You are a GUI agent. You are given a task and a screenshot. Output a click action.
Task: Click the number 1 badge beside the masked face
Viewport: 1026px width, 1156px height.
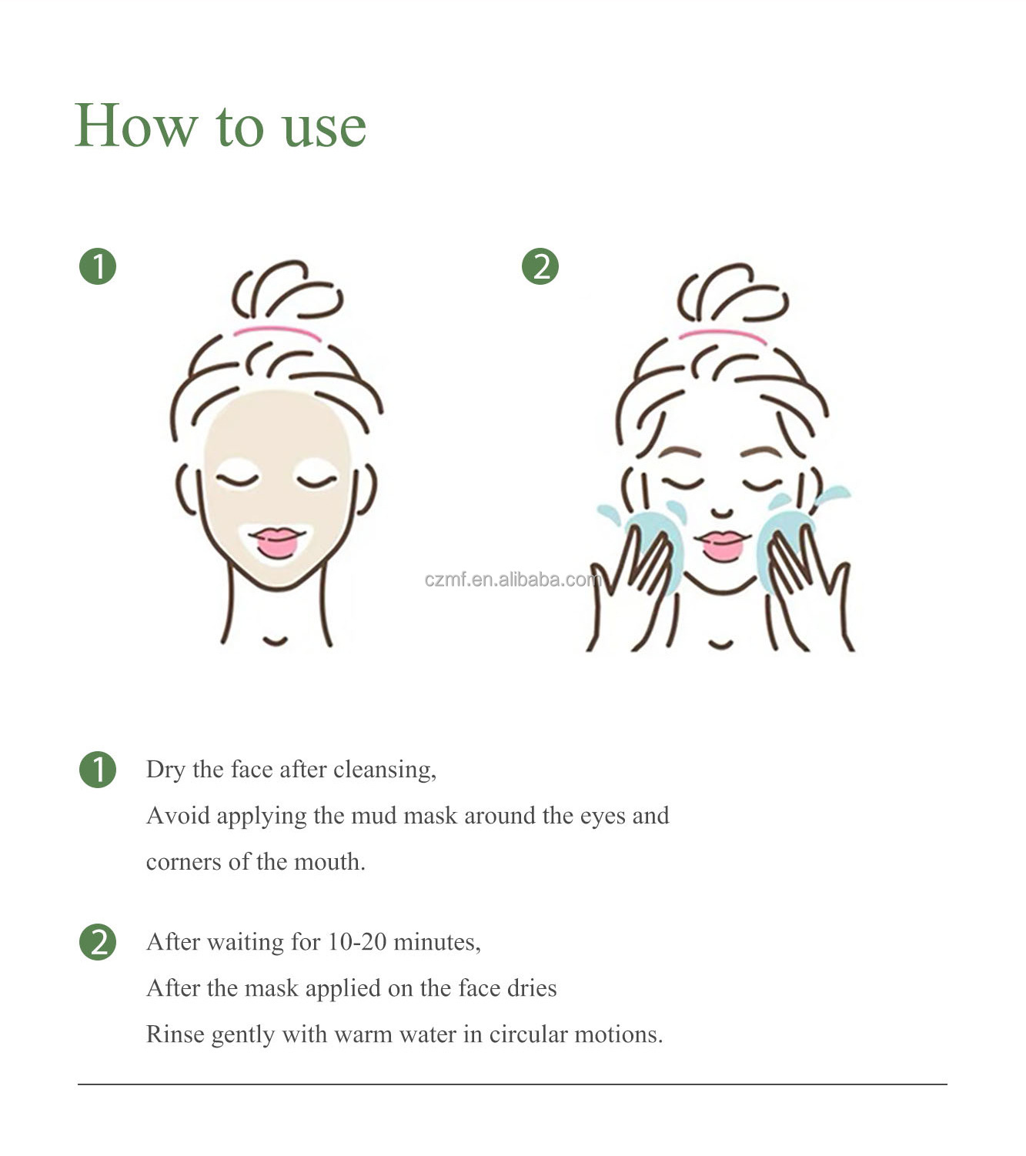98,266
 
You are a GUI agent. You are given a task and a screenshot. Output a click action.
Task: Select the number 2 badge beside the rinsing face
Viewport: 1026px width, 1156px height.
540,266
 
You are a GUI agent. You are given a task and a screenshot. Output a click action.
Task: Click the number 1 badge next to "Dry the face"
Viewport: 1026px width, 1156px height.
98,769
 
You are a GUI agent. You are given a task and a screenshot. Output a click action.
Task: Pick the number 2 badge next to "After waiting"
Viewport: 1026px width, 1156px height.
98,941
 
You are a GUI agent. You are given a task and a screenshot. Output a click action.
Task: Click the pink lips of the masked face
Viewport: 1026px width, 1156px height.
277,542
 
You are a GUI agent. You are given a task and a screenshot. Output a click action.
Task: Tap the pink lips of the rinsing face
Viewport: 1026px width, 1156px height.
722,545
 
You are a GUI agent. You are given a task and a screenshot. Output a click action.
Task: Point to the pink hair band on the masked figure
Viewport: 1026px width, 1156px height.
277,331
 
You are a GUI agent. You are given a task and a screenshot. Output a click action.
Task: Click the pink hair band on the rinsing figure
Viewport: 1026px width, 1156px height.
723,334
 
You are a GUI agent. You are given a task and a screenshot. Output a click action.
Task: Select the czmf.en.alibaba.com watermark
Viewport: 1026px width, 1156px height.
513,579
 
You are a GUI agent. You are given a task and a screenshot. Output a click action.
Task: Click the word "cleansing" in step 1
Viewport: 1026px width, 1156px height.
385,770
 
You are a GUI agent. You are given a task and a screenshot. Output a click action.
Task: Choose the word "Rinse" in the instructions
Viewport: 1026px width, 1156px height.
175,1034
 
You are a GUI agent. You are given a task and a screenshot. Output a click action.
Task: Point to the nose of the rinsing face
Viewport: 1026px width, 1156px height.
722,512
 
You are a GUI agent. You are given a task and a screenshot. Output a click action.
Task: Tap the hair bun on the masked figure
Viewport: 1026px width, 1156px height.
287,290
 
